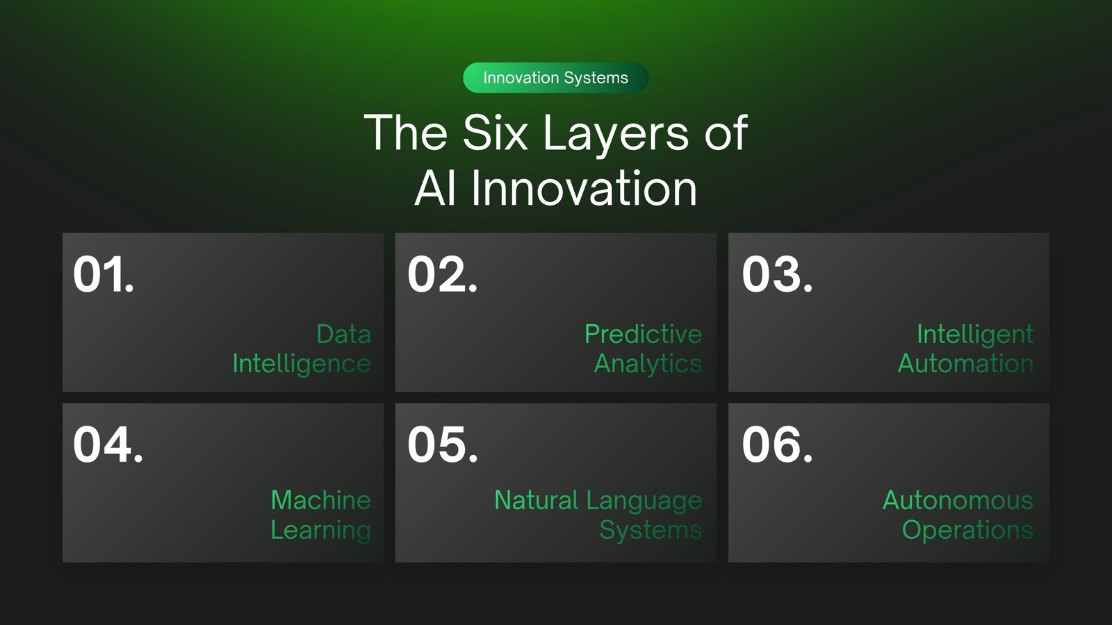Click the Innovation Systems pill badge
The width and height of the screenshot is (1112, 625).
[x=555, y=77]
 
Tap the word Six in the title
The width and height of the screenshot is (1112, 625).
[x=495, y=132]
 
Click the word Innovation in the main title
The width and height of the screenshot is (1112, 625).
[x=584, y=188]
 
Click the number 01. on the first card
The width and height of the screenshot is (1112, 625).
[x=104, y=274]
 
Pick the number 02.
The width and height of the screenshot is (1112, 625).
[x=442, y=274]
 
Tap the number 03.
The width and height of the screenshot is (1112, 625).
[x=777, y=274]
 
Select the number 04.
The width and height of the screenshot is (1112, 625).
[x=108, y=444]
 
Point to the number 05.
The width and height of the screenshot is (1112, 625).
[x=442, y=444]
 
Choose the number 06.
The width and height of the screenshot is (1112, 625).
[x=777, y=444]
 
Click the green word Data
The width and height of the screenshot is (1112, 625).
[x=343, y=334]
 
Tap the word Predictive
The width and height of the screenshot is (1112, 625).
[x=644, y=334]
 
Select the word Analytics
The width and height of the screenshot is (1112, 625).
[x=648, y=364]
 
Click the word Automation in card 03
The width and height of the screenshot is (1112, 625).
[x=965, y=364]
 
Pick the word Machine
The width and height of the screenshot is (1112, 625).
[x=320, y=500]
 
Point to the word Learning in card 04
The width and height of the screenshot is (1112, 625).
[x=320, y=531]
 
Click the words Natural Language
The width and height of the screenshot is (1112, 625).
[x=598, y=501]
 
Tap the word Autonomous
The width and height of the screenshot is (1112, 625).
[x=958, y=500]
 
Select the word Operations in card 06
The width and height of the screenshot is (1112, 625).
[x=967, y=531]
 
